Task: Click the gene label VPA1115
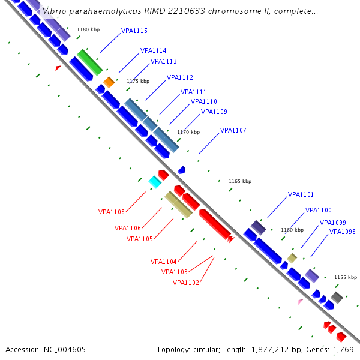pyautogui.click(x=134, y=31)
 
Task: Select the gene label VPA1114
pyautogui.click(x=154, y=51)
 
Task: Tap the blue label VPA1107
pyautogui.click(x=233, y=131)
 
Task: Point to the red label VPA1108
pyautogui.click(x=112, y=212)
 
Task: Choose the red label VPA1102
pyautogui.click(x=186, y=283)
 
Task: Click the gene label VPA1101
pyautogui.click(x=301, y=194)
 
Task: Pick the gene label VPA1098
pyautogui.click(x=343, y=232)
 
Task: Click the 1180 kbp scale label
pyautogui.click(x=88, y=29)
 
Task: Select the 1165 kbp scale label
pyautogui.click(x=240, y=181)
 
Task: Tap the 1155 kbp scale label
pyautogui.click(x=344, y=277)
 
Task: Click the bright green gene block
pyautogui.click(x=89, y=62)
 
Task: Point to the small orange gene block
pyautogui.click(x=109, y=82)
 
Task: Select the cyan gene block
pyautogui.click(x=155, y=182)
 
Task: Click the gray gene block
pyautogui.click(x=337, y=297)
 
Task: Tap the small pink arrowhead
pyautogui.click(x=300, y=301)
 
